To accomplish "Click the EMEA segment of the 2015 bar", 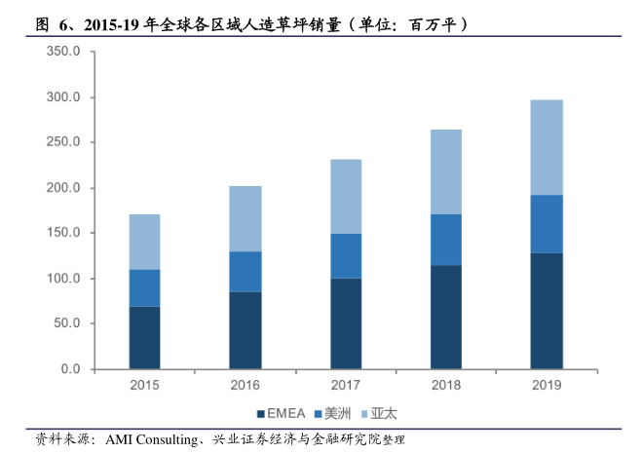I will click(144, 337).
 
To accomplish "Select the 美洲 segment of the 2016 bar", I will click(245, 272).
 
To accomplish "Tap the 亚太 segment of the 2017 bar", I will click(346, 196).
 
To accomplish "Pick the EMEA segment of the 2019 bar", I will click(547, 311).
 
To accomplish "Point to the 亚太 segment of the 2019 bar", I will click(547, 147).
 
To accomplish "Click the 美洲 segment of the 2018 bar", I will click(446, 240).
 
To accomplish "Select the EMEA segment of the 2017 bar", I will click(346, 323).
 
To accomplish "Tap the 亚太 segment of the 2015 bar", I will click(144, 242).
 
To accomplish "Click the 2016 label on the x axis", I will click(245, 386).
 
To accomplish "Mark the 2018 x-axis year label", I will click(446, 386).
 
